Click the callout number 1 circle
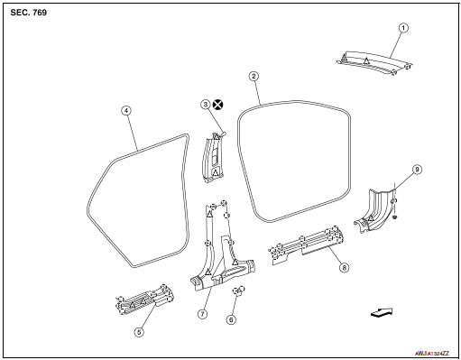pos(403,28)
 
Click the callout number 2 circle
pos(254,78)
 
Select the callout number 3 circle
pos(205,105)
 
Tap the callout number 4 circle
pos(126,111)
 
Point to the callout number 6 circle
pos(231,319)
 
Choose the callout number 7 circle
pos(203,313)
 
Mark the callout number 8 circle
pos(342,267)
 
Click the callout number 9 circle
pos(417,169)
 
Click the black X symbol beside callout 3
pos(218,105)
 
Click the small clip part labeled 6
pos(239,291)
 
